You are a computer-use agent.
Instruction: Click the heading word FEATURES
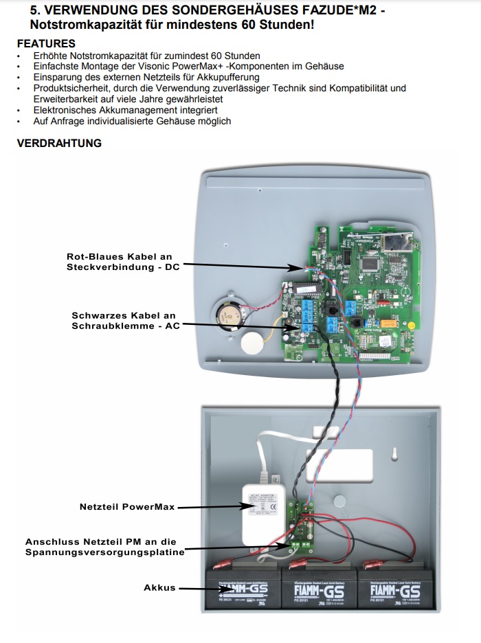(46, 44)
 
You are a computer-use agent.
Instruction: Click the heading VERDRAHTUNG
(59, 143)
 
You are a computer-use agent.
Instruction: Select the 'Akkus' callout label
(159, 588)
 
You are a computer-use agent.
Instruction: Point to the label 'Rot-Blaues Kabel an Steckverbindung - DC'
(123, 261)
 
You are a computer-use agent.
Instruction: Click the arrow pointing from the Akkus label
(192, 588)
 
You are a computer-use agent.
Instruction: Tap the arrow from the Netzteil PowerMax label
(213, 507)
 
